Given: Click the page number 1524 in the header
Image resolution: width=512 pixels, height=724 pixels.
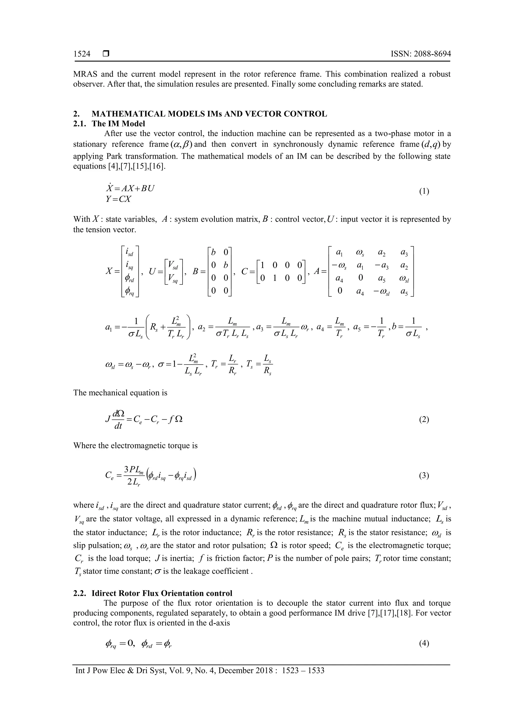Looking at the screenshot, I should [82, 54].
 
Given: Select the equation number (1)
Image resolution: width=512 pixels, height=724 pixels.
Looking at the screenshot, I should [424, 191].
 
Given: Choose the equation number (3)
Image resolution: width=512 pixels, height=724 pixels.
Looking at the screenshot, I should [424, 476].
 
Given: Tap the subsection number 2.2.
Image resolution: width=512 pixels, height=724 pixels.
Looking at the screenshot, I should [80, 593].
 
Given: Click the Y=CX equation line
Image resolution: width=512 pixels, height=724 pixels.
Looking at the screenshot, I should [118, 199].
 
